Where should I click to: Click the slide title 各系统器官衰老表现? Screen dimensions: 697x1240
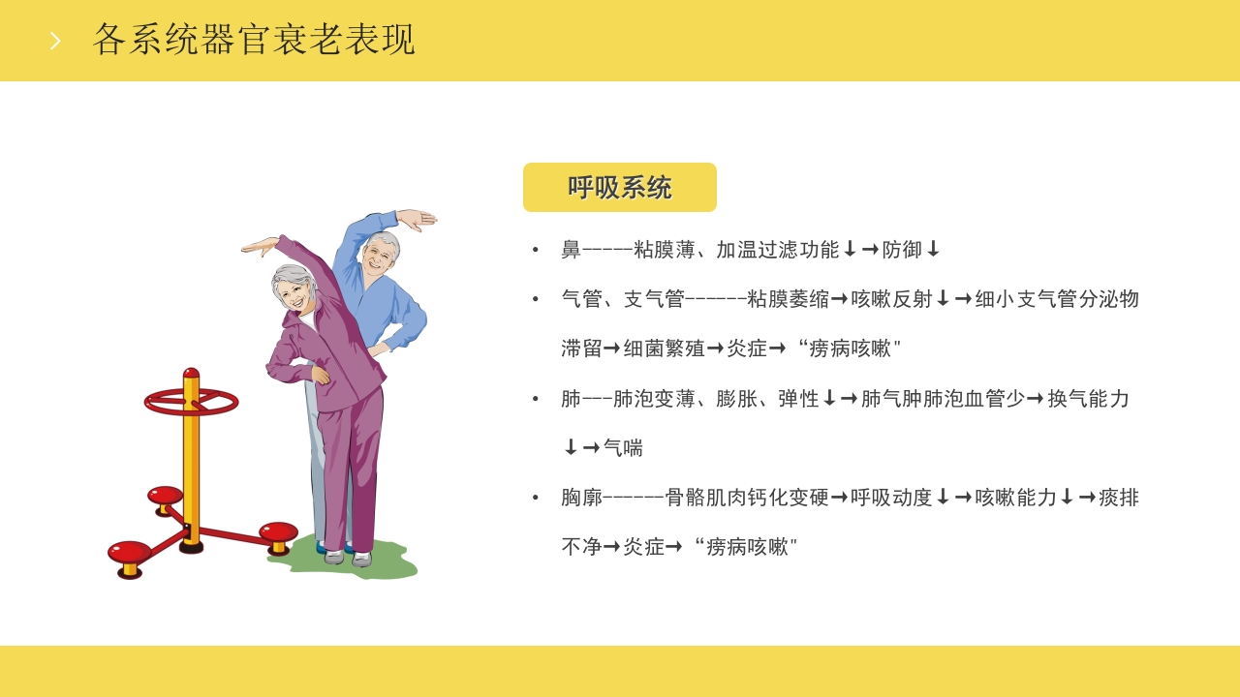(254, 40)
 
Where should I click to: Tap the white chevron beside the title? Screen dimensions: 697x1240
(55, 41)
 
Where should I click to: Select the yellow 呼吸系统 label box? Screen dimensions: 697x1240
(620, 188)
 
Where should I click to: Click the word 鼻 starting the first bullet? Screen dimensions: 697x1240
(571, 250)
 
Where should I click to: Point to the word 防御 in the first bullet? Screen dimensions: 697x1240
(902, 250)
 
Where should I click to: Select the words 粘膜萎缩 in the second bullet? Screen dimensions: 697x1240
(788, 299)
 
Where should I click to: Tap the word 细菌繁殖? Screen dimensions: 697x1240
(664, 348)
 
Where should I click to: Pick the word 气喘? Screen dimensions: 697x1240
(623, 448)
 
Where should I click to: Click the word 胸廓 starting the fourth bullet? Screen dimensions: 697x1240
(581, 498)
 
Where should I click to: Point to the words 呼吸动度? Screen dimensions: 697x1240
(891, 498)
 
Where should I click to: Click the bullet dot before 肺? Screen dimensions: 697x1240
(536, 399)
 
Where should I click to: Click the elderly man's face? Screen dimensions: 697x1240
(378, 256)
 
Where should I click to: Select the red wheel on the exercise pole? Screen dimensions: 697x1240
(191, 402)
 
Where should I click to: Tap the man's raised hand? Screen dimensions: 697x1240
(417, 220)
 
